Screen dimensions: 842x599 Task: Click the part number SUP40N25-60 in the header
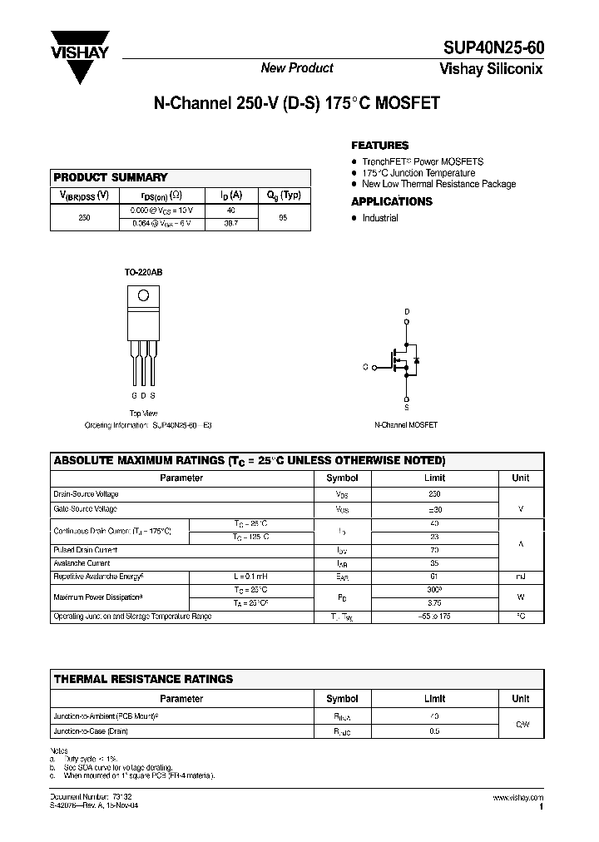tap(493, 51)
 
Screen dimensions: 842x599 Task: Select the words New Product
tap(297, 68)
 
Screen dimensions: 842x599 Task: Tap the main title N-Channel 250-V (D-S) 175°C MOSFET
tap(296, 105)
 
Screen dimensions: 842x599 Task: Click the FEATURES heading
tap(379, 146)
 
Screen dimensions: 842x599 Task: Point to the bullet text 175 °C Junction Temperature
tap(418, 173)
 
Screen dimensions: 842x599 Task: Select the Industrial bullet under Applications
tap(380, 218)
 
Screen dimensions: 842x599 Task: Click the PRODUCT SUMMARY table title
tap(111, 177)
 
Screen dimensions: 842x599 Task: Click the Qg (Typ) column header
tap(284, 196)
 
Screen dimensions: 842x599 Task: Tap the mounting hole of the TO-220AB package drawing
tap(143, 295)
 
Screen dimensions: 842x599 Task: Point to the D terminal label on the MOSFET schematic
tap(407, 313)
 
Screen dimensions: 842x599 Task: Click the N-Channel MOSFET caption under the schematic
tap(406, 424)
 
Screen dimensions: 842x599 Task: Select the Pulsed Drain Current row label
tap(85, 550)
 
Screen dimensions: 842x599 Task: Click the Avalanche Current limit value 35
tap(434, 563)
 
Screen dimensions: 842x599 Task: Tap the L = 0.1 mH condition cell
tap(250, 576)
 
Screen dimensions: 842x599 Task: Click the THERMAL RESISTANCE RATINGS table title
tap(143, 679)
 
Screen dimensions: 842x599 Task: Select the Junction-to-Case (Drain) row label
tap(91, 731)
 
